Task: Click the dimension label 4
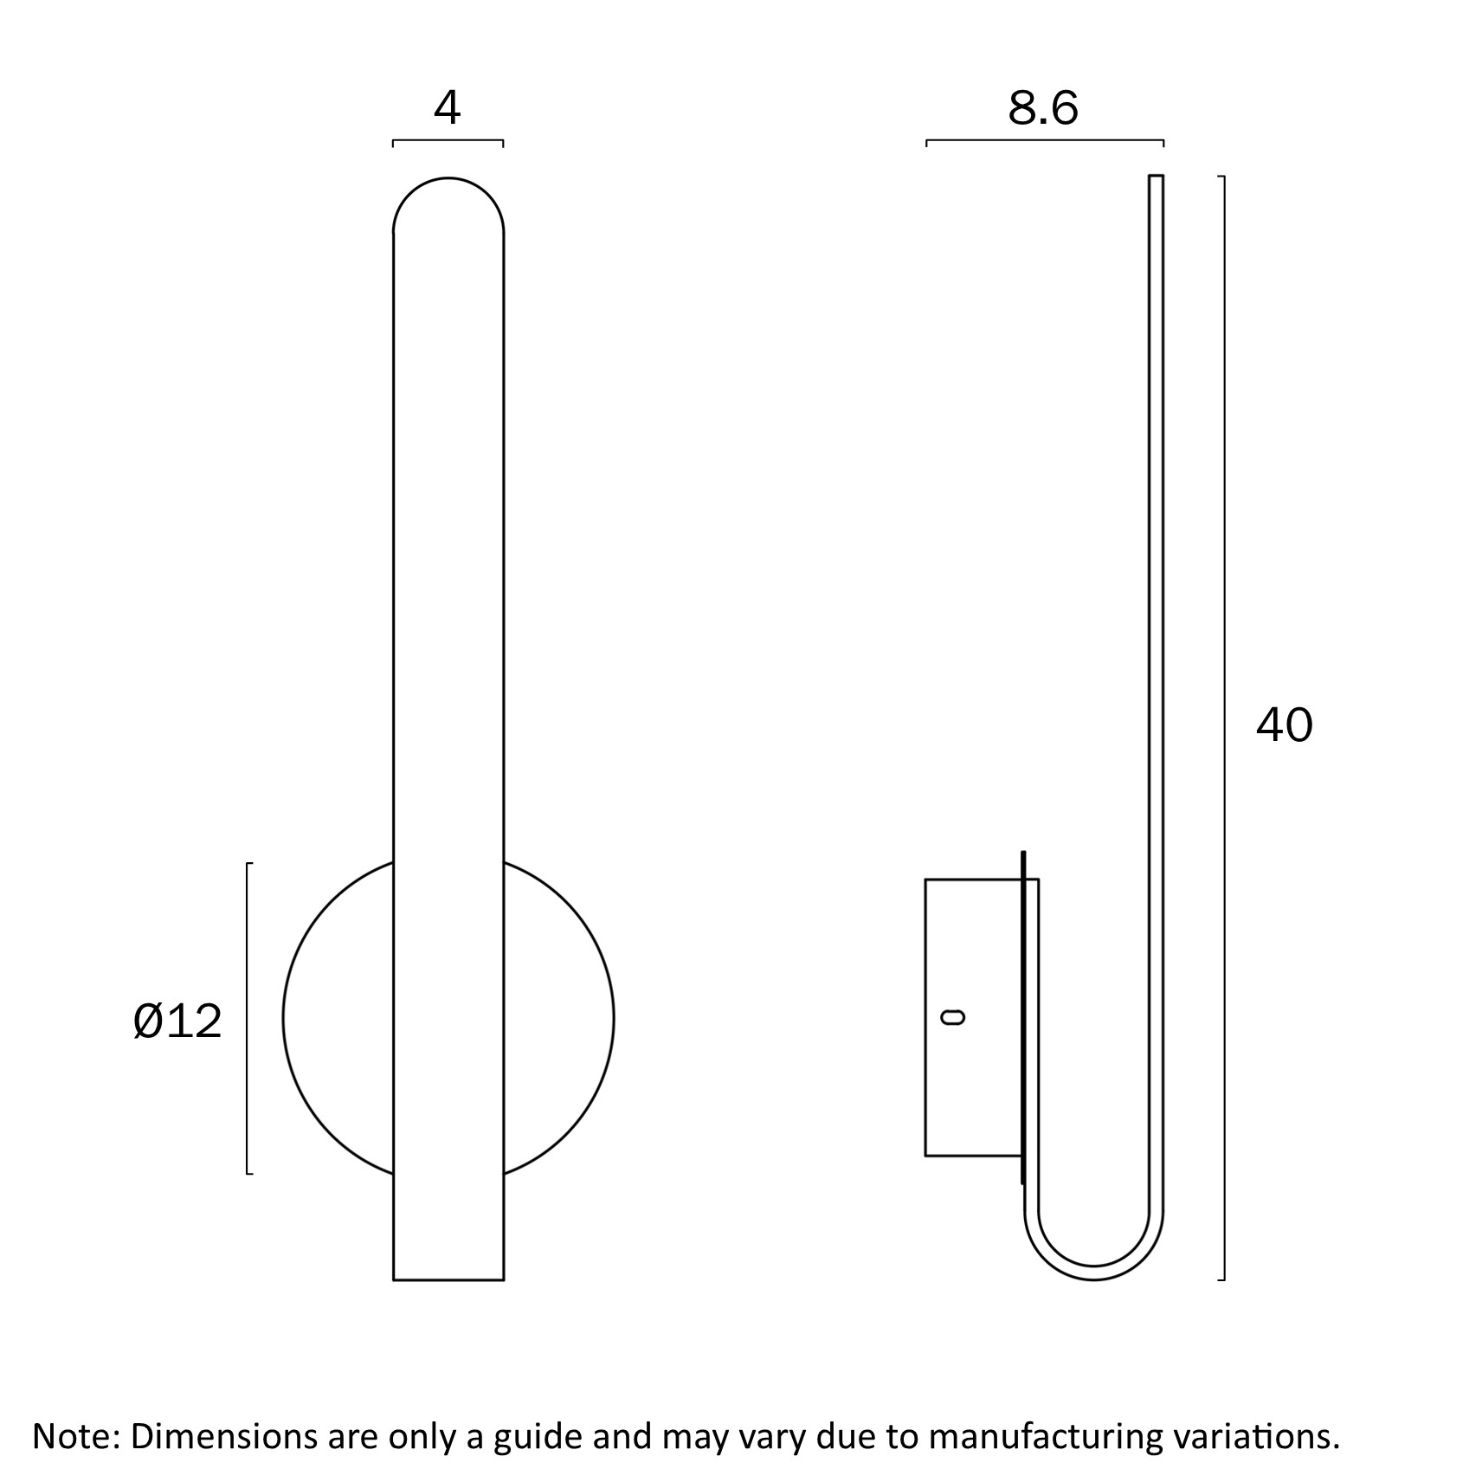pyautogui.click(x=448, y=108)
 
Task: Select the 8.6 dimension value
pyautogui.click(x=1043, y=108)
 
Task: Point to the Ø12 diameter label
pyautogui.click(x=177, y=1021)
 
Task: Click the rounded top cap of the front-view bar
pyautogui.click(x=448, y=179)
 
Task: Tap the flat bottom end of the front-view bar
pyautogui.click(x=448, y=1279)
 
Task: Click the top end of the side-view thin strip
pyautogui.click(x=1156, y=177)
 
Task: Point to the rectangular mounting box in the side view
pyautogui.click(x=982, y=1017)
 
